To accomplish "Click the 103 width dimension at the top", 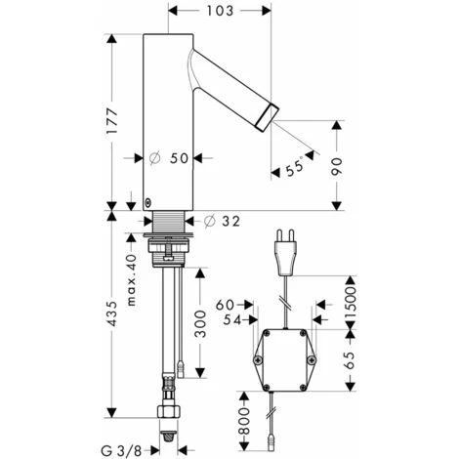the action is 220,11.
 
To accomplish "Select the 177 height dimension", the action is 112,121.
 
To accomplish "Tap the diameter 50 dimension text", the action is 169,158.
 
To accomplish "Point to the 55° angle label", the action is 295,168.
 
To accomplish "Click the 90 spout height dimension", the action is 337,166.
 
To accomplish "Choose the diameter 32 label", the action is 222,222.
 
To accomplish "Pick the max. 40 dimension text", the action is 131,280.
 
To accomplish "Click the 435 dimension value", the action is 112,313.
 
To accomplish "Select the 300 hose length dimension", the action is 200,324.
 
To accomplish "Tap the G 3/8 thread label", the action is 121,451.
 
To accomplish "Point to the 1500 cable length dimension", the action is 351,304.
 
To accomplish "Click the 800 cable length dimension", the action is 244,422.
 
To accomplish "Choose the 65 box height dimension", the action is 350,360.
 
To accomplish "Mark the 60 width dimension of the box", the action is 225,305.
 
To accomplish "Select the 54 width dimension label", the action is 232,320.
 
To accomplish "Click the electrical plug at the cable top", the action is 286,252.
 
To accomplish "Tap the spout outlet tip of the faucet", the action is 268,118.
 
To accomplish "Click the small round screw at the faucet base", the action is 148,203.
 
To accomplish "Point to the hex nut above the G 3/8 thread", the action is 168,411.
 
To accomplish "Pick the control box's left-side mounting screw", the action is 258,359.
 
